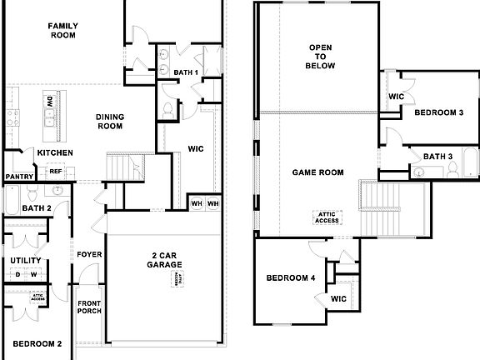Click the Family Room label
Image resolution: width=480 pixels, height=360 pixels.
tap(62, 31)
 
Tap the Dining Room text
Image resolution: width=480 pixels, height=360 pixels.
tap(109, 122)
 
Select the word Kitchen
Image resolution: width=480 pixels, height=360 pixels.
tap(54, 153)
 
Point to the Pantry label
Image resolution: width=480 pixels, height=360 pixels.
tap(18, 177)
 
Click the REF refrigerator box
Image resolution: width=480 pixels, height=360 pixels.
tap(56, 172)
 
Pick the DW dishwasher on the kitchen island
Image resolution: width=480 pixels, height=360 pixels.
tap(51, 102)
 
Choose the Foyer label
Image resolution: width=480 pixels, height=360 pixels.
tap(89, 254)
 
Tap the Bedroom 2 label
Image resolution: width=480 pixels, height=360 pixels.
tap(37, 343)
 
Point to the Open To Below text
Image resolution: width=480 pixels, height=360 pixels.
tap(321, 56)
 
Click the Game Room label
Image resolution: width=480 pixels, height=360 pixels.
tap(317, 172)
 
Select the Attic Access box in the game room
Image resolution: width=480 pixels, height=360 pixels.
tap(326, 217)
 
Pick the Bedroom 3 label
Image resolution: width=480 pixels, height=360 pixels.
tap(438, 112)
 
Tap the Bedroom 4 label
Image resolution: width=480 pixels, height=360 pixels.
tap(290, 277)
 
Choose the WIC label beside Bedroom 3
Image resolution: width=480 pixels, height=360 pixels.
tap(397, 97)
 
